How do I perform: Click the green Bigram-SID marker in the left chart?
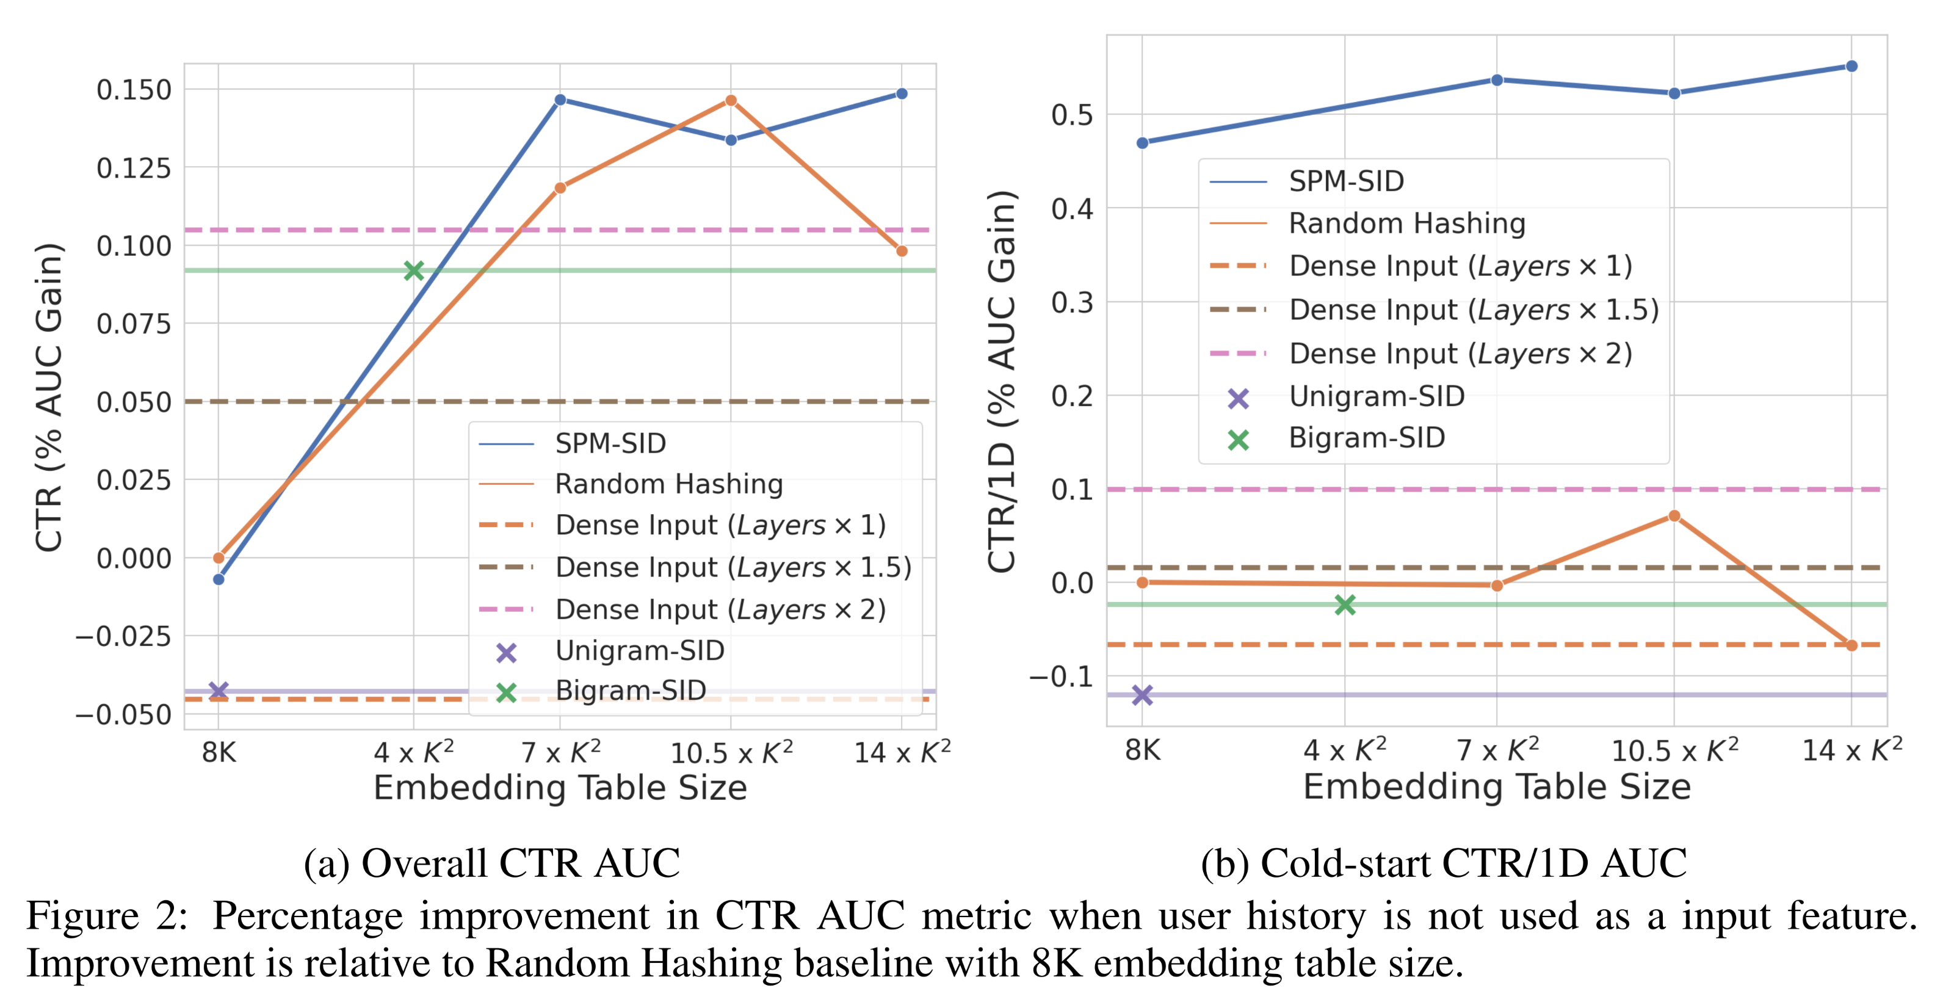click(x=413, y=270)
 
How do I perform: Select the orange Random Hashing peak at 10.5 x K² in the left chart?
click(x=730, y=100)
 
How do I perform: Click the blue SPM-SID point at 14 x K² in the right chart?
click(x=1851, y=67)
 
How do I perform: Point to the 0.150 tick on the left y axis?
click(x=134, y=90)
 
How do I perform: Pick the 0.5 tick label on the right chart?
click(x=1072, y=115)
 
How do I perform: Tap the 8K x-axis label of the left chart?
click(x=219, y=752)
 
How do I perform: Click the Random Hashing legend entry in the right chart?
click(x=1406, y=223)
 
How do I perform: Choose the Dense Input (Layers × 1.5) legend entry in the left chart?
click(x=733, y=567)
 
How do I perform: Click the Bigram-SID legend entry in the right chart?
click(x=1366, y=438)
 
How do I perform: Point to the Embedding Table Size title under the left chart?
click(x=560, y=788)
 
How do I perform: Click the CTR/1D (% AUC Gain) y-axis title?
click(x=1002, y=381)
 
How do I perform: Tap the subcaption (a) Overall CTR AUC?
click(x=492, y=863)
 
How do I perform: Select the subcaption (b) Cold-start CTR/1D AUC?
click(x=1443, y=863)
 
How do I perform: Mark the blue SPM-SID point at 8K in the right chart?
click(x=1142, y=143)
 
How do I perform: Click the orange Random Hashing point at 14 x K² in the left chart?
click(x=902, y=251)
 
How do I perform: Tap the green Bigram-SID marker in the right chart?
click(x=1344, y=605)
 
